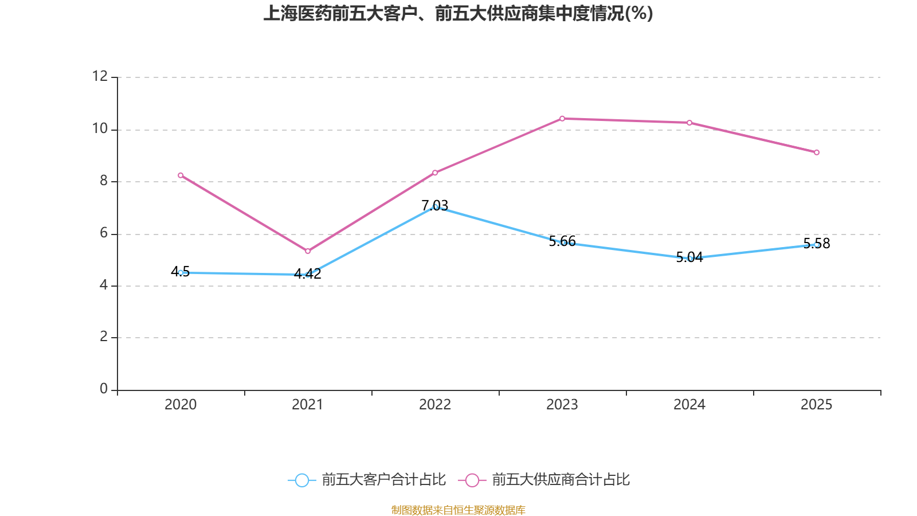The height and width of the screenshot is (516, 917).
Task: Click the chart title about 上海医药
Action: point(458,13)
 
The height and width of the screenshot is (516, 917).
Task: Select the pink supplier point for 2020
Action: point(181,175)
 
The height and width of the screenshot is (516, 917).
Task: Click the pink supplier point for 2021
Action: point(308,251)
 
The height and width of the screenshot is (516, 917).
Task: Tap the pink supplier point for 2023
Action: point(562,119)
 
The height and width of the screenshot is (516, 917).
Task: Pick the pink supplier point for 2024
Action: point(689,123)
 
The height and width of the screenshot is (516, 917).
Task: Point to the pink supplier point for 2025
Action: point(817,153)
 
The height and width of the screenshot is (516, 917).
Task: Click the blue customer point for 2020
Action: point(181,272)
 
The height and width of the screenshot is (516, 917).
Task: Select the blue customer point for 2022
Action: point(435,206)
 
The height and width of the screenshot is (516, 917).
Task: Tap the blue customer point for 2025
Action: point(817,245)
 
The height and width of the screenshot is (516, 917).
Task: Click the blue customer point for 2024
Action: point(689,259)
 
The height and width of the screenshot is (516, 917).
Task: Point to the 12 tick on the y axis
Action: point(100,76)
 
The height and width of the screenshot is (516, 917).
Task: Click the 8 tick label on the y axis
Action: point(104,181)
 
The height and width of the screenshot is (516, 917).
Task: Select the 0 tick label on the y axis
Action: point(104,389)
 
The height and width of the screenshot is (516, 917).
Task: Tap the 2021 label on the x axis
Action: point(308,405)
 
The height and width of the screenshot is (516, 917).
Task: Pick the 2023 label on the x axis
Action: point(562,405)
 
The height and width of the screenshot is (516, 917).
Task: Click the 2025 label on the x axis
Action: point(817,405)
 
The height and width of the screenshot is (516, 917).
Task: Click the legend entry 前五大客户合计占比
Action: point(383,480)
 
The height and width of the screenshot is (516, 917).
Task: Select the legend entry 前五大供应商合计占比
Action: point(561,480)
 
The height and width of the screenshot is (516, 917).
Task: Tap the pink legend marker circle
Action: point(472,480)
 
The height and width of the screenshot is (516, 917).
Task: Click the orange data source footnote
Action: point(458,510)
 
